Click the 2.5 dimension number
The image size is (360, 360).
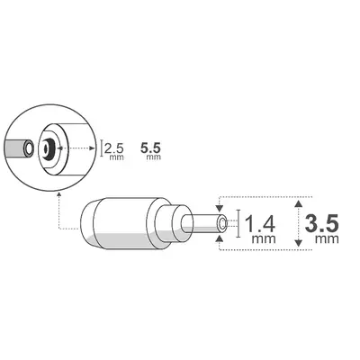point(114,147)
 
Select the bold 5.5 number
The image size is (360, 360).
point(152,146)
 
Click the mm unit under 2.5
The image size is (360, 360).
point(114,158)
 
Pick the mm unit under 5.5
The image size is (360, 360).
point(152,158)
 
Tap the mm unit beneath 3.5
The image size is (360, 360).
point(326,241)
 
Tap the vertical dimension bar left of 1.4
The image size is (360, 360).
point(237,222)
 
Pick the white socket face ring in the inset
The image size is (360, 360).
point(55,134)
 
